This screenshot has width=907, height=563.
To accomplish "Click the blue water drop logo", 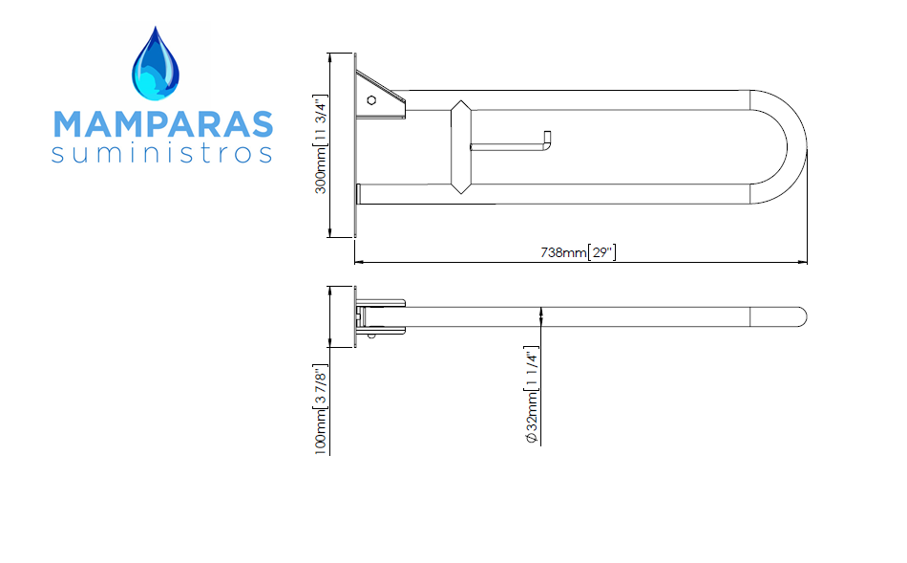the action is coord(155,64).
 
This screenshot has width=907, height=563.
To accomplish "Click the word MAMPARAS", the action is coord(163,124).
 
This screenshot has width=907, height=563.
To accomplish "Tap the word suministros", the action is coord(161,154).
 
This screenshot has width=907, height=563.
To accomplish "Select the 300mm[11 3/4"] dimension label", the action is coord(320,144).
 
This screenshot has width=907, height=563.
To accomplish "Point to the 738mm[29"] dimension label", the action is coord(579,252).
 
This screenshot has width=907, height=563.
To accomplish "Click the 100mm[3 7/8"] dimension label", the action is coord(321,409).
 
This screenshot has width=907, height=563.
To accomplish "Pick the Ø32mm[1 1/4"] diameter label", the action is coord(532,395).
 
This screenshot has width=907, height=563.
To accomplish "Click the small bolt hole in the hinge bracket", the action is coord(371,100).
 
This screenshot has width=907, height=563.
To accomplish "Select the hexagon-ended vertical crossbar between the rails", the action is coord(461,147).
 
